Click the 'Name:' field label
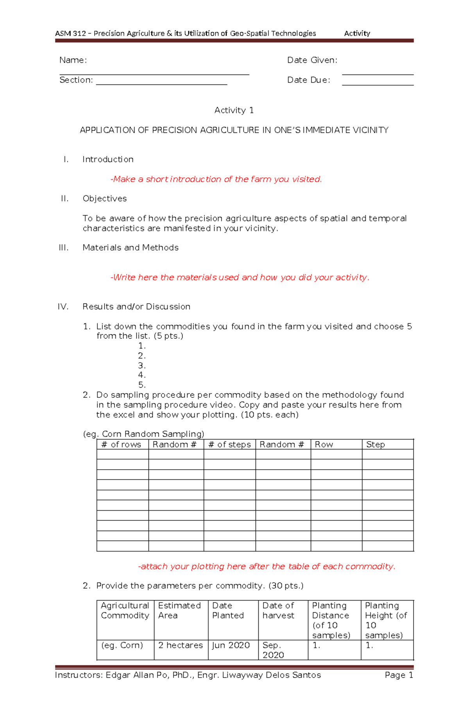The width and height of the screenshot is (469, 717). point(73,60)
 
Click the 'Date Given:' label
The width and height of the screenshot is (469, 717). point(312,60)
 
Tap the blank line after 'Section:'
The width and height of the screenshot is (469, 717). point(161,84)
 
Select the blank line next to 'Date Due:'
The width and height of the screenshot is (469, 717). point(378,84)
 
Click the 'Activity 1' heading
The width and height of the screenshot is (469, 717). point(234,111)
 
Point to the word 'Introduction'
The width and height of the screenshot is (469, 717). point(108,159)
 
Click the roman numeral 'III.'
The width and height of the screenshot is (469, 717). point(63,248)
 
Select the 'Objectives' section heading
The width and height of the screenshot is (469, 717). point(104,198)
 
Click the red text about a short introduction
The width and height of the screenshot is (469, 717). point(216,179)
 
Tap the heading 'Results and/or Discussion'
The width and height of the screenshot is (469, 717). point(136,307)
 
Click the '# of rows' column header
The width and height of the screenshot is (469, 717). point(122,445)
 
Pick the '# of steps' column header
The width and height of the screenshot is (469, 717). point(229,445)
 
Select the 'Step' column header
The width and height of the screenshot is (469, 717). point(375,445)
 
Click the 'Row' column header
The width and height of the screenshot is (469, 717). point(324,445)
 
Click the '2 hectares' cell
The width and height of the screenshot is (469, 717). point(180,645)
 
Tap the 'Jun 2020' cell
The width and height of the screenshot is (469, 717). point(231,645)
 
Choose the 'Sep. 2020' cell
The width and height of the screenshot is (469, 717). point(273,650)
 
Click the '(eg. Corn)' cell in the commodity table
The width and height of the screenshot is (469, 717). point(122,645)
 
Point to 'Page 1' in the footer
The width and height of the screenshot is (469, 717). point(399,675)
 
